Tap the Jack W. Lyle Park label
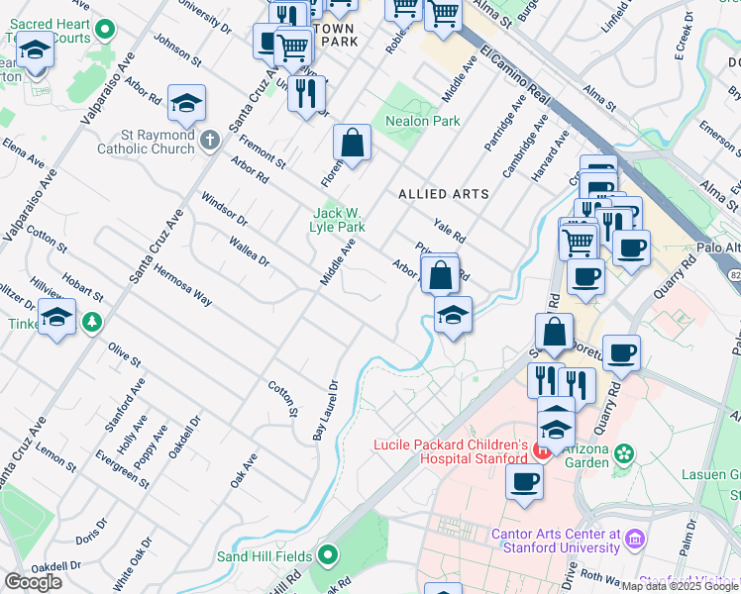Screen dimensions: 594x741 point(339,220)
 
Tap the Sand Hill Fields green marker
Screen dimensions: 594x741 point(329,556)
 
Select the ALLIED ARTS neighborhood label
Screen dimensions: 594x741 point(444,194)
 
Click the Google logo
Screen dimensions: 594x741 point(33,582)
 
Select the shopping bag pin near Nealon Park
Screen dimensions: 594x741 point(352,143)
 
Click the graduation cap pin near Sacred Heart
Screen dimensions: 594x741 point(36,50)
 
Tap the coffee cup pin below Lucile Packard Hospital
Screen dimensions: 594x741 point(523,481)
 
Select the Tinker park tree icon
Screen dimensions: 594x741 point(92,322)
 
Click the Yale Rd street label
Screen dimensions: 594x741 point(449,231)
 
